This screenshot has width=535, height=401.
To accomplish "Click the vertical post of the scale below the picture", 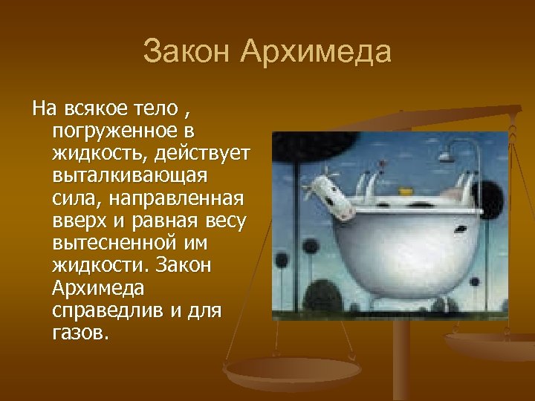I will pyautogui.click(x=402, y=356).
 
